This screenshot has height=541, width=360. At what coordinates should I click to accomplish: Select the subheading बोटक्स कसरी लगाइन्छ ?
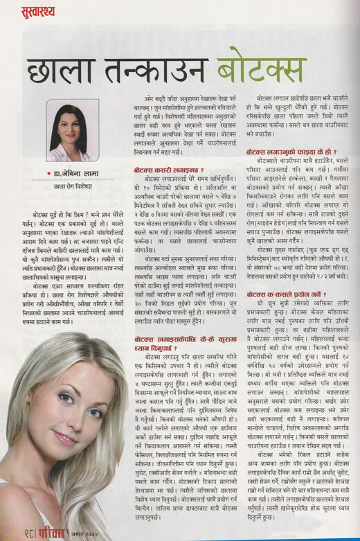[168, 170]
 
